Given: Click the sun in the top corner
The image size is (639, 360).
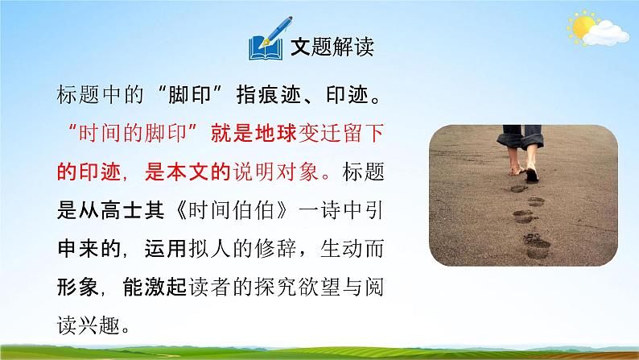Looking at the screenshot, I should [579, 27].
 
